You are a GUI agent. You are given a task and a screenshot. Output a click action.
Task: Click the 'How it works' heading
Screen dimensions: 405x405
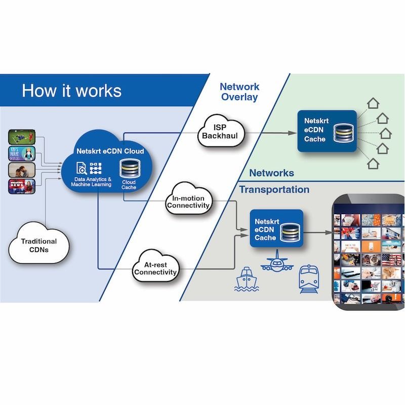tap(71, 91)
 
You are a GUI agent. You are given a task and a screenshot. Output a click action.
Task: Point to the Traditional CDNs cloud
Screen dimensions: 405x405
tap(38, 246)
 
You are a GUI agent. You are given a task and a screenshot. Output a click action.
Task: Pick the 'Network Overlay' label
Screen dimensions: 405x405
tap(239, 92)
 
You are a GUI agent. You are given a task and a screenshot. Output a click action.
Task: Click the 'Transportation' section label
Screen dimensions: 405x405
tap(274, 190)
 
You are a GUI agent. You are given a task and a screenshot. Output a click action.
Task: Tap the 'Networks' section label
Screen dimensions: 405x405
tap(271, 173)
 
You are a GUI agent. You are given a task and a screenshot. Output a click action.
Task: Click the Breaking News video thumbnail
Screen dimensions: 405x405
tap(22, 186)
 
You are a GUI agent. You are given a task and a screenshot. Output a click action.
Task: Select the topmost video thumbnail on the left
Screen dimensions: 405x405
tap(22, 137)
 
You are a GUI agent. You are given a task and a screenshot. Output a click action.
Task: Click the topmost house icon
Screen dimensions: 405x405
tap(373, 103)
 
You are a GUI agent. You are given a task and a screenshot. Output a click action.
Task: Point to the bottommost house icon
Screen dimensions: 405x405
tap(373, 164)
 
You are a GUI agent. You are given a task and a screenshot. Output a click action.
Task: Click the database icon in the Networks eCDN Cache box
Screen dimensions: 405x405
tap(343, 131)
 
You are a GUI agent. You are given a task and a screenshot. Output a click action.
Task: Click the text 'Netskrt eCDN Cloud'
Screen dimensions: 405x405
tap(110, 151)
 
